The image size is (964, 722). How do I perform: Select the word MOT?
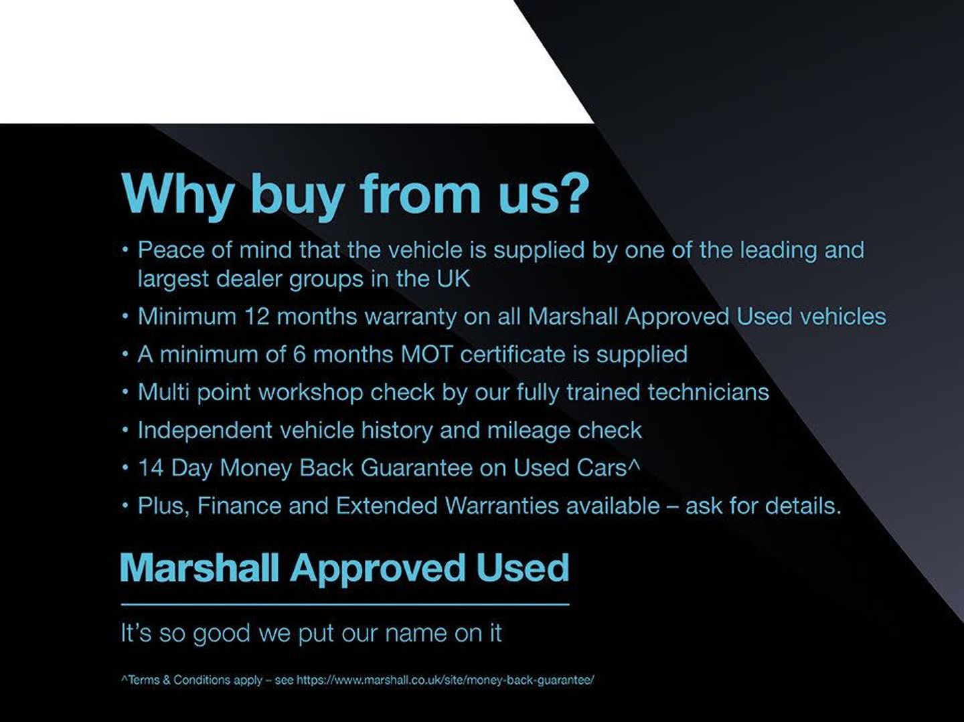point(426,354)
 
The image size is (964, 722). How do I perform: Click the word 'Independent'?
point(205,430)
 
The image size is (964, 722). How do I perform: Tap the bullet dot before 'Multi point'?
point(126,392)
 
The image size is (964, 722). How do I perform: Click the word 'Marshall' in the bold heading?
point(199,567)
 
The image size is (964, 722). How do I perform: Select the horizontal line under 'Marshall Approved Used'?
point(345,604)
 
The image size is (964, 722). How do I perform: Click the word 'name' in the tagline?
point(416,634)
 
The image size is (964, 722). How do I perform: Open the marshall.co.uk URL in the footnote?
point(445,681)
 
